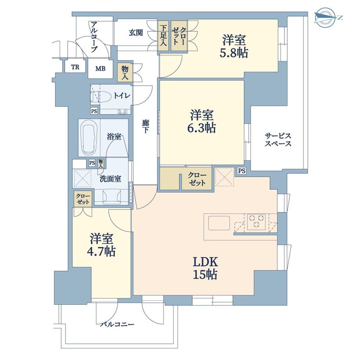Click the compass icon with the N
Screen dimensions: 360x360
click(x=325, y=18)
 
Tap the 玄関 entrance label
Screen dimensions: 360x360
click(x=136, y=33)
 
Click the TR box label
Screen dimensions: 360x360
click(x=75, y=67)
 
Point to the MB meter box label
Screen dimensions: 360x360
click(x=100, y=68)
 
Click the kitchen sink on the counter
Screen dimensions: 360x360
click(x=219, y=223)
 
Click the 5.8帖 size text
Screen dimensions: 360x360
click(x=234, y=53)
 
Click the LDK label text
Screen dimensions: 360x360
click(x=205, y=262)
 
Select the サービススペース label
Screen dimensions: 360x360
click(x=278, y=140)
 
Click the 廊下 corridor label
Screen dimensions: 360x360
click(x=145, y=127)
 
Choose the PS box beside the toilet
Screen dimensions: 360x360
click(x=94, y=111)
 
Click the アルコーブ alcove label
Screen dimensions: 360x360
click(x=94, y=37)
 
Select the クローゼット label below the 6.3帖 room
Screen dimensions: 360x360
click(x=197, y=179)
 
